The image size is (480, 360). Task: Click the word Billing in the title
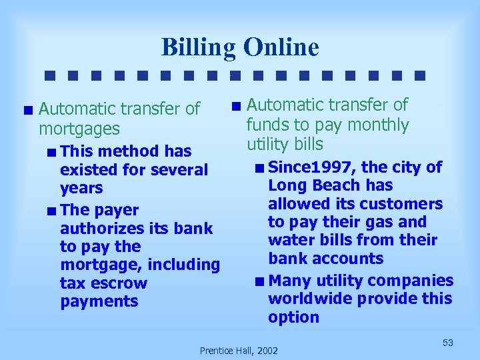pos(199,48)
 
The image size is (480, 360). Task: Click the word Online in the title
pos(281,48)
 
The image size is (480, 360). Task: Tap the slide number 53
pos(447,343)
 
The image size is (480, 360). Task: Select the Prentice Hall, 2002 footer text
pos(239,350)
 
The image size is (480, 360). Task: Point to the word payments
pos(99,301)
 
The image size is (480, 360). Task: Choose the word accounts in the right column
pos(352,258)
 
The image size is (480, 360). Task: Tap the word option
pos(293,317)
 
